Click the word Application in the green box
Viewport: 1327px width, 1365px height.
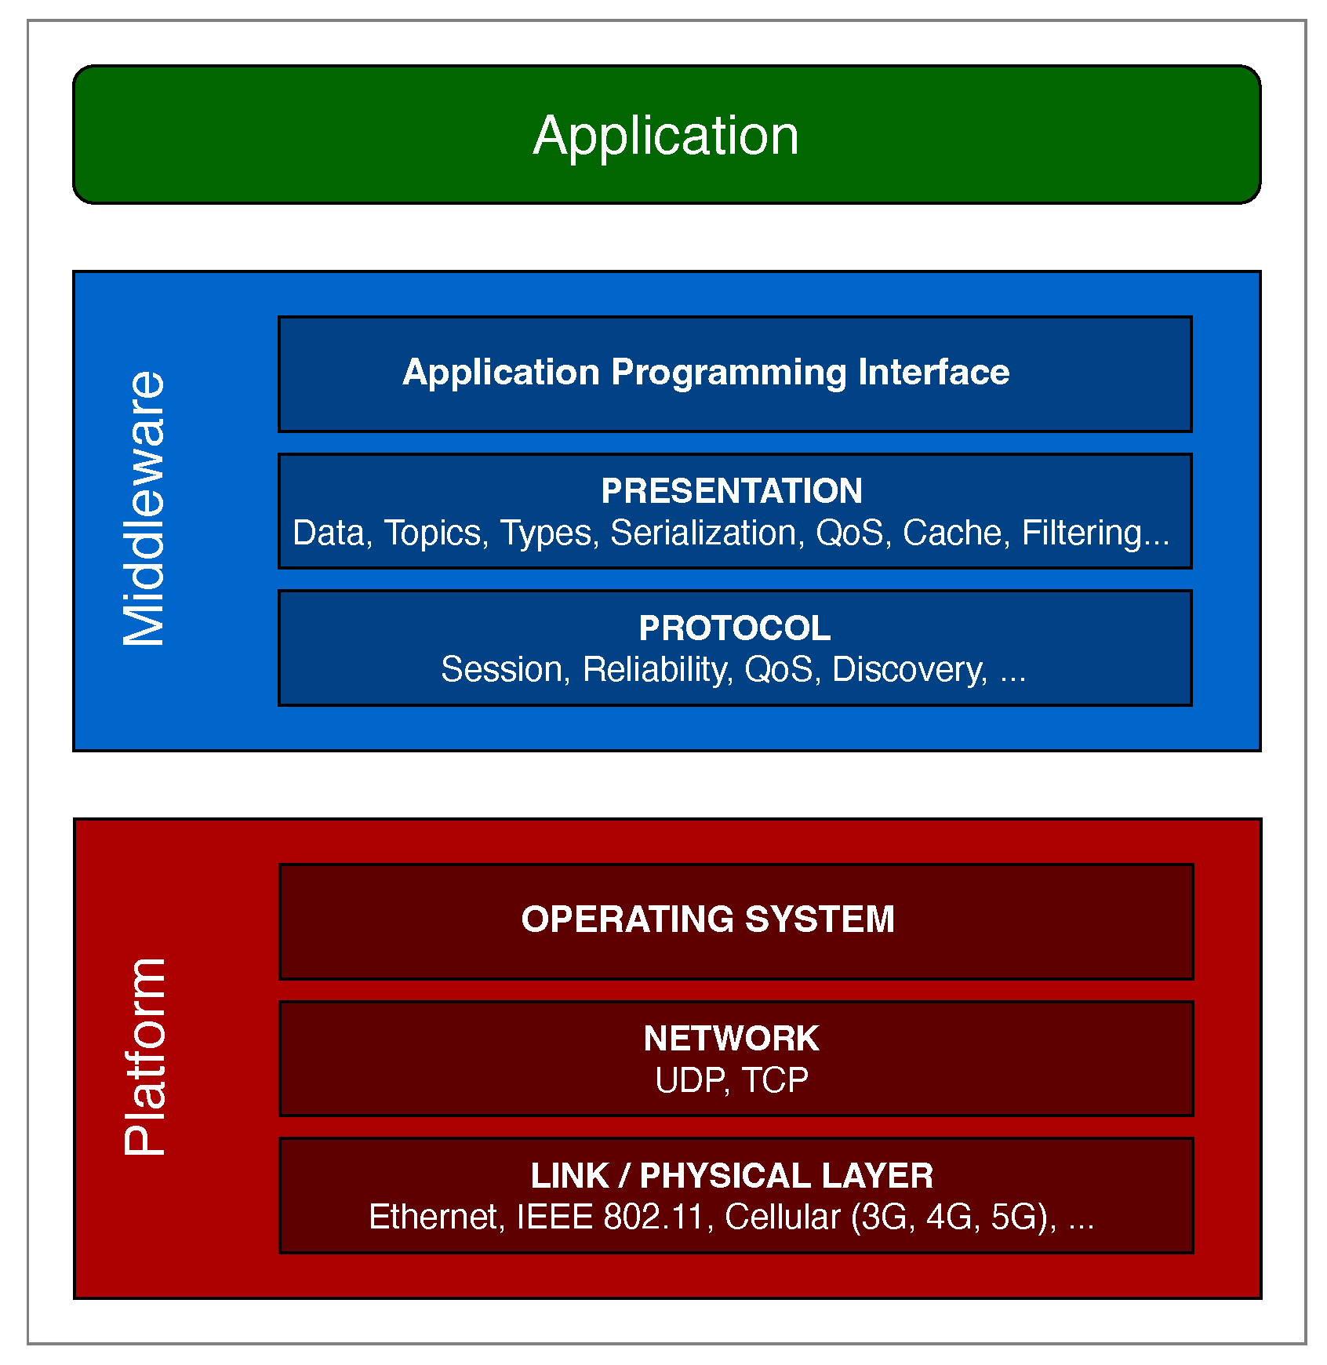[666, 136]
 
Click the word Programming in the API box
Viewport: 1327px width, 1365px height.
[729, 372]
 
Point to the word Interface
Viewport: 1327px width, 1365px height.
[933, 372]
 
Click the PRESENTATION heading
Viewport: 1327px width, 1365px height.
[732, 491]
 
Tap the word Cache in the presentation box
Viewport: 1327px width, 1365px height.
[952, 533]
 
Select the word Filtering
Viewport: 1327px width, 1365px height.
[1082, 533]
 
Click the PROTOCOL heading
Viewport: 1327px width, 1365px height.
[734, 628]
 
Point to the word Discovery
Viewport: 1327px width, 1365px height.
[908, 670]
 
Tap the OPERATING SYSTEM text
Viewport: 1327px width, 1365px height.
[707, 919]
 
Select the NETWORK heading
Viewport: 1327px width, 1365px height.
[731, 1039]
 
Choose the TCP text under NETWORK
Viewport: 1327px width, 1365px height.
[775, 1081]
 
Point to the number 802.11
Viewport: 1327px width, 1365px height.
[653, 1218]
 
